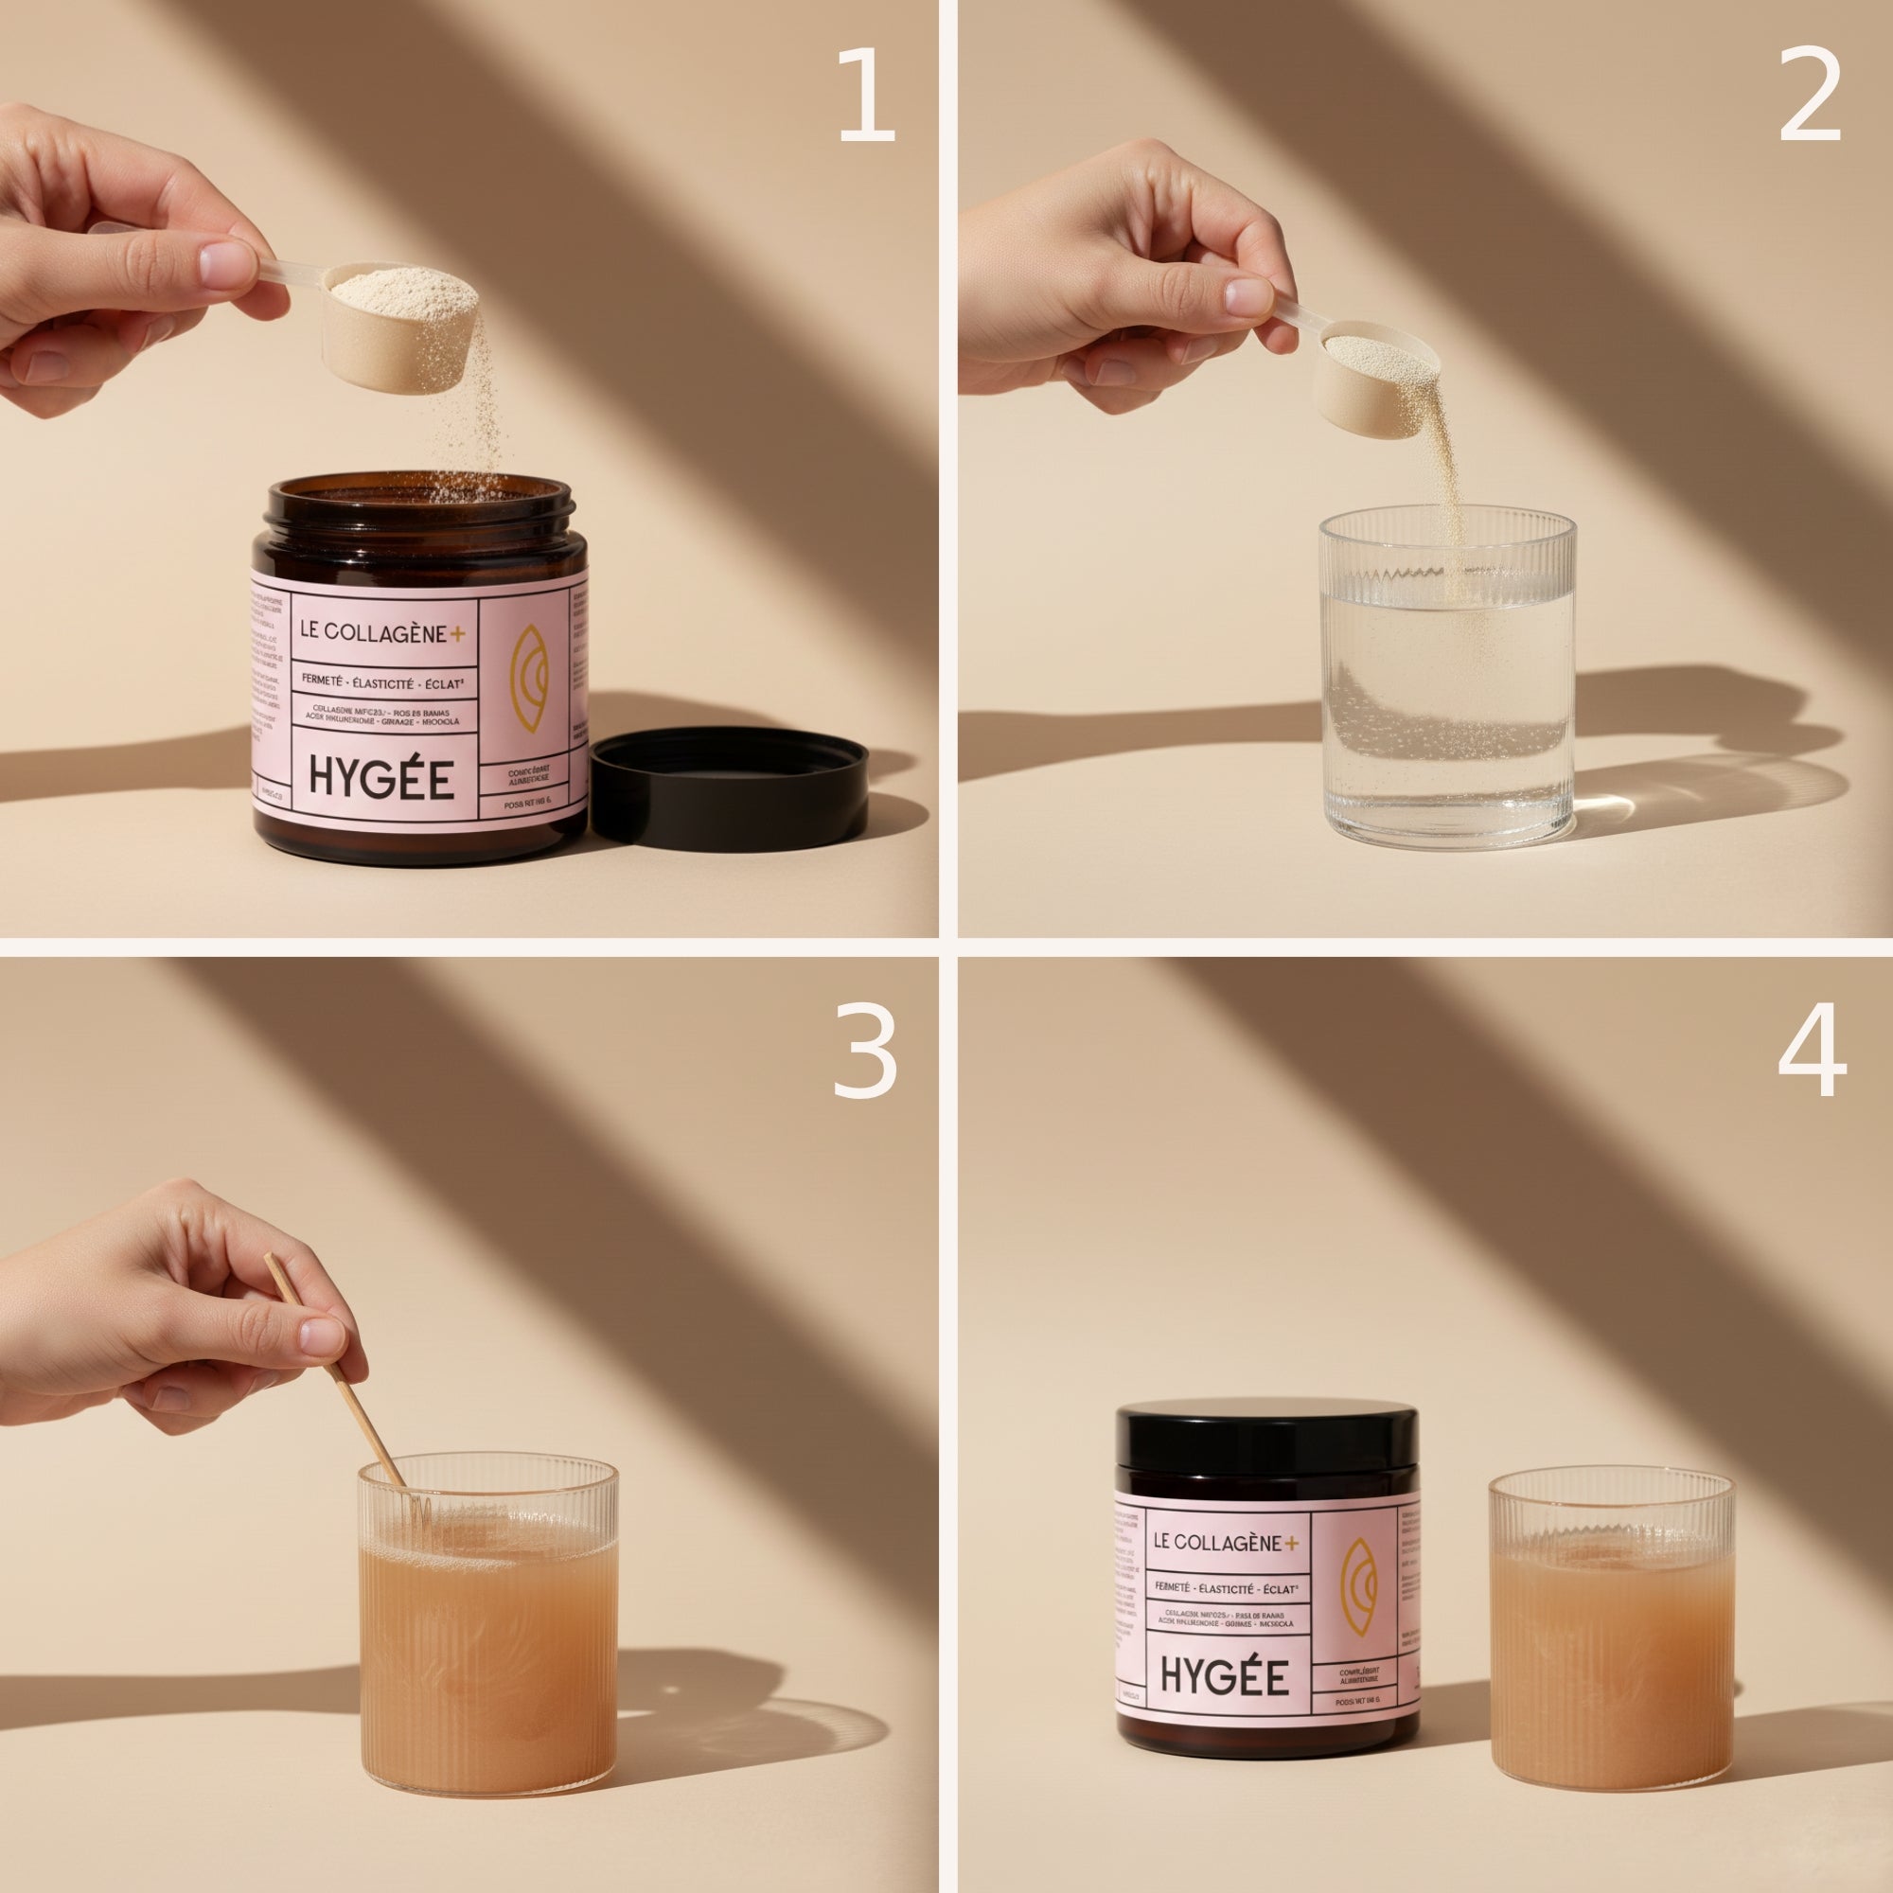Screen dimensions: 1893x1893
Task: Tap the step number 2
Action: [x=1810, y=95]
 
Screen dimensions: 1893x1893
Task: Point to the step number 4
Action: [x=1812, y=1053]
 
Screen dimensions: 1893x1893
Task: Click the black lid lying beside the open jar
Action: [x=729, y=784]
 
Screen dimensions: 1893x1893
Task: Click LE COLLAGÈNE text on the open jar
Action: [x=370, y=633]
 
